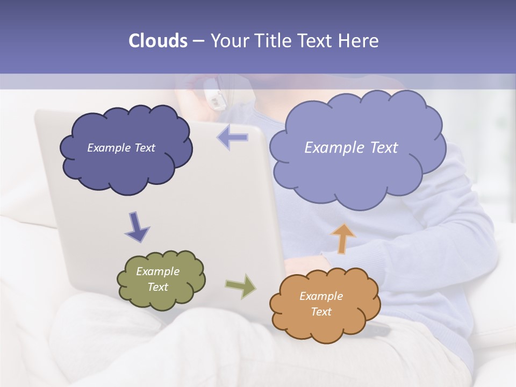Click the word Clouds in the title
[157, 41]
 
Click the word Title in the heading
[271, 41]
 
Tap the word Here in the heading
[359, 41]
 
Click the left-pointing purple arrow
[233, 138]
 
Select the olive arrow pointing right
[241, 286]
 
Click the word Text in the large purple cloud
[381, 148]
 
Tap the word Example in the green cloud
[157, 271]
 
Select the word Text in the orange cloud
[321, 312]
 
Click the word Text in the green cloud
[158, 287]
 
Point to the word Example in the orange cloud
[321, 296]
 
